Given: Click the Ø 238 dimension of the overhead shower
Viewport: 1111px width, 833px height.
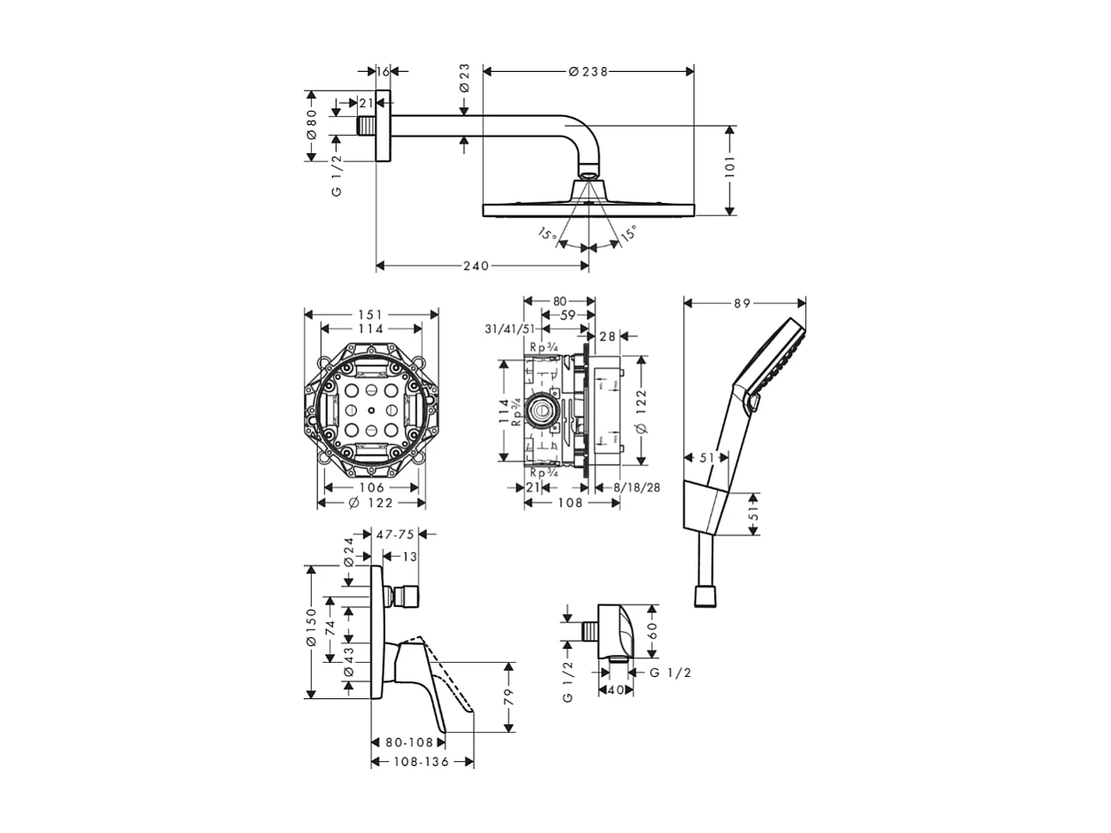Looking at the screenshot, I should tap(588, 72).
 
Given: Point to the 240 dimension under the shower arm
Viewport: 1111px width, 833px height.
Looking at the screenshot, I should tap(476, 266).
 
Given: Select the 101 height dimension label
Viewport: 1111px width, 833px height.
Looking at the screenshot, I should tap(730, 168).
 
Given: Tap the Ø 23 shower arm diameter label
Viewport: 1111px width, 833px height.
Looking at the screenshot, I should tap(464, 79).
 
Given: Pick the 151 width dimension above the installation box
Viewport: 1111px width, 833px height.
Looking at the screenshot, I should tap(370, 315).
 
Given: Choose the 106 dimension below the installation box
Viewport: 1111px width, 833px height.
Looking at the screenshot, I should tap(371, 487).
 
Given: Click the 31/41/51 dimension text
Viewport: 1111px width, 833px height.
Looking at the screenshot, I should tap(509, 329).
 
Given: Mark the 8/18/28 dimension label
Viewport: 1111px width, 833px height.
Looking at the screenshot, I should tap(638, 487).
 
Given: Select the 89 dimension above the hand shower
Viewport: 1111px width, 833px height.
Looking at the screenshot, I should tap(742, 303).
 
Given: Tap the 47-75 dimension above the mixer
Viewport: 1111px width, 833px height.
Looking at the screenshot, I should tap(395, 534).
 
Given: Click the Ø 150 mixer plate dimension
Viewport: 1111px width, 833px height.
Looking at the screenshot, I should tap(311, 631).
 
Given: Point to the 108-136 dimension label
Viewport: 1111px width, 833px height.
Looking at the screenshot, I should tap(421, 762).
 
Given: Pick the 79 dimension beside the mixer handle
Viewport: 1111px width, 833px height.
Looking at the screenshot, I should tap(509, 697).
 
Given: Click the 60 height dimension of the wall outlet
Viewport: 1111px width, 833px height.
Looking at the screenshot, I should tap(653, 631).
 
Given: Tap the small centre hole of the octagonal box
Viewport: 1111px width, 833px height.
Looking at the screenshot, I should tap(371, 411).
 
